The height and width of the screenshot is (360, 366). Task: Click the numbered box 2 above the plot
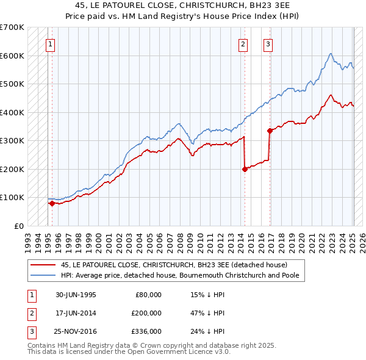click(243, 43)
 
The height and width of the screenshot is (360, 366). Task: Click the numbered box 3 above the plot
click(268, 43)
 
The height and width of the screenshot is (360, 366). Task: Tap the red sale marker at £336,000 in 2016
click(269, 130)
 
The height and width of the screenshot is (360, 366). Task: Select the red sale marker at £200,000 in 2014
click(245, 169)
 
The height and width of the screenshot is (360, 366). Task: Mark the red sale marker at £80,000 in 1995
click(52, 203)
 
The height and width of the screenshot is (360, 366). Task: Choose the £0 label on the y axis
click(18, 226)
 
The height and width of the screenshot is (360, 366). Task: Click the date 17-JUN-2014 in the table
click(76, 313)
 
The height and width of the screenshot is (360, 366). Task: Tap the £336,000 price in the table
click(146, 331)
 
